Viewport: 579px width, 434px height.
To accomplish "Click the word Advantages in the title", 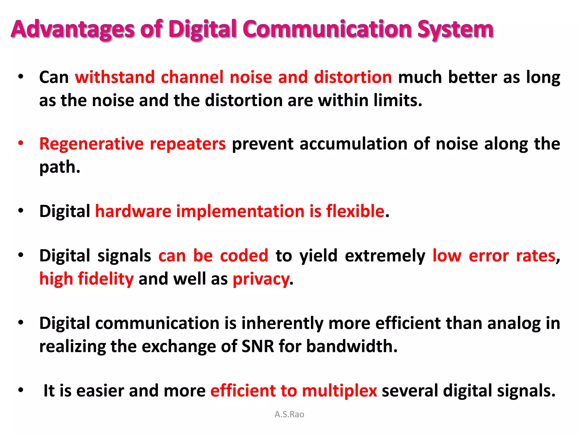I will pos(73,29).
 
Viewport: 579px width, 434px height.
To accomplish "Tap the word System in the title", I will pos(455,29).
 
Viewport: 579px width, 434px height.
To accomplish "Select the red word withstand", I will pos(115,77).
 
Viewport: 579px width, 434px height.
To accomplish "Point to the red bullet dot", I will pos(21,143).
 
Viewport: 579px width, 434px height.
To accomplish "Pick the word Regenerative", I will pos(91,144).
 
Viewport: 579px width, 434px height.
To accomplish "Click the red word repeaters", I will pos(188,144).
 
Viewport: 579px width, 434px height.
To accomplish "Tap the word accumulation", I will pos(354,144).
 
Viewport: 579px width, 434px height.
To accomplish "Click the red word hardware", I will pos(133,211).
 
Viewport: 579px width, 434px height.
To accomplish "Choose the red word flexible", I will pos(355,211).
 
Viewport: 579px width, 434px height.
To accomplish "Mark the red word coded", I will pos(244,256).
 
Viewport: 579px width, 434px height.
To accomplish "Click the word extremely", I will pos(385,256).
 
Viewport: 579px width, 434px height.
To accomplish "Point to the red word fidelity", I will pos(106,279).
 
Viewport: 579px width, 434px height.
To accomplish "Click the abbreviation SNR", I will pos(258,347).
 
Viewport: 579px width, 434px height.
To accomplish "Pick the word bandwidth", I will pos(351,347).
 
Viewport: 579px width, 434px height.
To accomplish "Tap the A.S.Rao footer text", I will pos(289,415).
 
